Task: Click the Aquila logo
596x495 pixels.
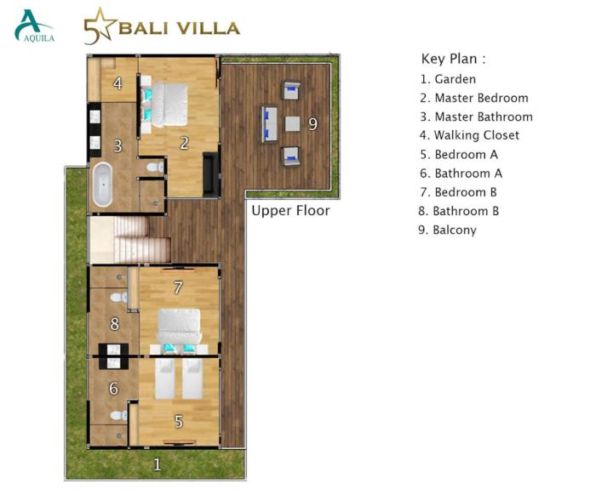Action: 34,26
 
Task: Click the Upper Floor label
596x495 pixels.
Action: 291,210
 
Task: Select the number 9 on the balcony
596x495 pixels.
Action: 312,124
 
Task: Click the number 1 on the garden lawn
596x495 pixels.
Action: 157,464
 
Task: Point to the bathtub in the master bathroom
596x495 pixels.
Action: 103,185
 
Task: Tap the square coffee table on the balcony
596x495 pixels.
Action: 292,124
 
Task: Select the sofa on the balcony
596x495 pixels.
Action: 270,124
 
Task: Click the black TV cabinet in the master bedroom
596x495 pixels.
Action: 211,174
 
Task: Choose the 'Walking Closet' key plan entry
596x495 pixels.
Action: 469,135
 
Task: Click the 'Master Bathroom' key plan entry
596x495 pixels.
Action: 476,117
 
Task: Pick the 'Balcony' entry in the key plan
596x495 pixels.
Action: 447,230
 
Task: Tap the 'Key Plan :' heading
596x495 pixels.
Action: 454,59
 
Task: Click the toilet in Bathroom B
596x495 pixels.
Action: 119,297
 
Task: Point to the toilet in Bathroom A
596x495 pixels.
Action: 119,415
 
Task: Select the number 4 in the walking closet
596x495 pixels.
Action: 117,83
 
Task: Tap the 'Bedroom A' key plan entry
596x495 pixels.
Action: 459,155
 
